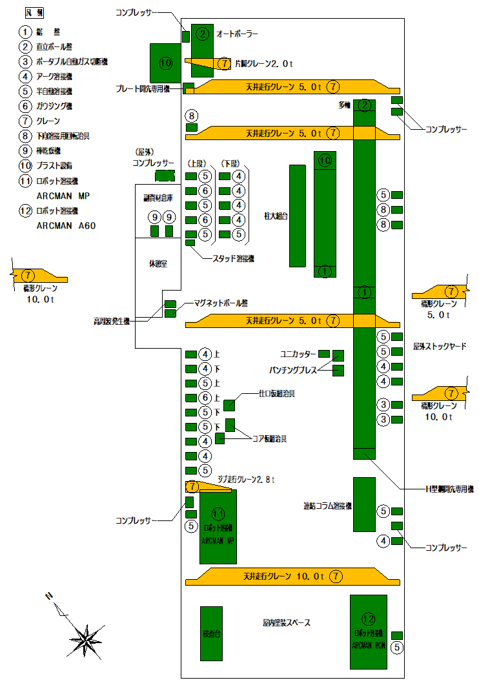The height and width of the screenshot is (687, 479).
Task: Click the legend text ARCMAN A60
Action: [x=66, y=226]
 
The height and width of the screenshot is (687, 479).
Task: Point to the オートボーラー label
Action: [x=237, y=33]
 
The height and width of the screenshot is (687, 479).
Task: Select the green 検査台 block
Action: [x=211, y=633]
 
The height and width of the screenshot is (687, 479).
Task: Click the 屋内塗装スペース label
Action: [x=287, y=623]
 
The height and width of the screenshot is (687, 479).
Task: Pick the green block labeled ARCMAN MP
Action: [x=218, y=527]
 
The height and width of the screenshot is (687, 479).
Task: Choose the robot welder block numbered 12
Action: [x=368, y=631]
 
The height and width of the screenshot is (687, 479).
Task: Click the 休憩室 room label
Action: [x=158, y=264]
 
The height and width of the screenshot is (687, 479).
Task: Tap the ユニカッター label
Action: [x=298, y=354]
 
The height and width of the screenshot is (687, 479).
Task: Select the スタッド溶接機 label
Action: [x=234, y=258]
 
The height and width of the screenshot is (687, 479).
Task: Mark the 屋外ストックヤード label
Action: [x=440, y=347]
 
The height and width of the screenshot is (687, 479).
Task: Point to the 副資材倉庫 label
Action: [x=158, y=200]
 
